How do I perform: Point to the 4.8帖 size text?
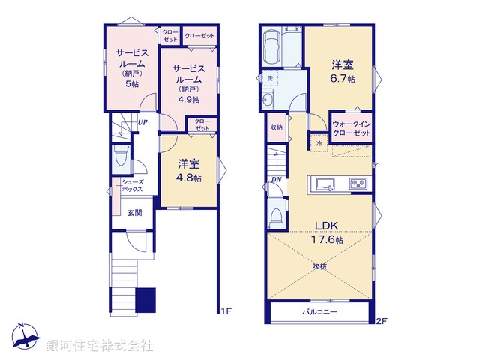tap(188, 178)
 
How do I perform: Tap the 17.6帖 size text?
tap(328, 240)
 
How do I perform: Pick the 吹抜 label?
tap(320, 265)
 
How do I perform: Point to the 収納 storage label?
tap(277, 127)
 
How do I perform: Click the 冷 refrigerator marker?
tap(319, 142)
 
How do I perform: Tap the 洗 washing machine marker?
tap(268, 78)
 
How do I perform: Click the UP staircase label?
tap(142, 124)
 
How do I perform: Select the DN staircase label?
tap(277, 179)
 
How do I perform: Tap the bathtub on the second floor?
tap(271, 47)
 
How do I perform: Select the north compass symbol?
tap(24, 335)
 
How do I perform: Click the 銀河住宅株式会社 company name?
tap(99, 346)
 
